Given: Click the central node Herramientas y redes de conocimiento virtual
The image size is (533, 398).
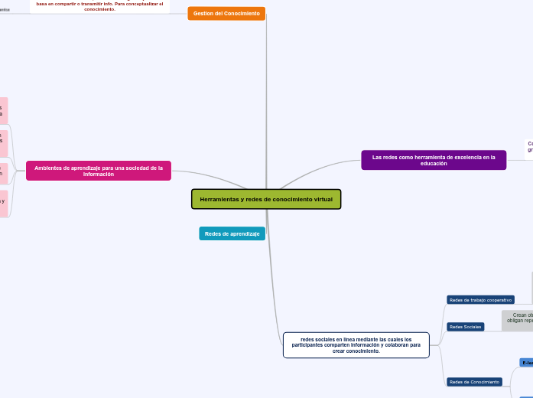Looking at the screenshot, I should click(266, 199).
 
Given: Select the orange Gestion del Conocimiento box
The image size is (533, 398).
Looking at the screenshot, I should click(226, 14).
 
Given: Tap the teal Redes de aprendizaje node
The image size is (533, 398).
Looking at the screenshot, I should click(232, 233).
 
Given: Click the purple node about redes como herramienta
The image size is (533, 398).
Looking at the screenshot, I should click(434, 160).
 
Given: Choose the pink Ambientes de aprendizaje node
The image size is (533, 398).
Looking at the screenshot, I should click(99, 171).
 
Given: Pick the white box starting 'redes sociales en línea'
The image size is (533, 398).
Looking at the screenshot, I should click(356, 344).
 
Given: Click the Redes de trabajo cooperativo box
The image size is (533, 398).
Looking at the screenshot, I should click(480, 300).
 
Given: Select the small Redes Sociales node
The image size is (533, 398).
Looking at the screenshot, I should click(465, 327).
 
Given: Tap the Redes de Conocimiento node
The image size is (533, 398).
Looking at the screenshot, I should click(474, 382).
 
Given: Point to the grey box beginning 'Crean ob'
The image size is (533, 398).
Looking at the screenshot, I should click(518, 320).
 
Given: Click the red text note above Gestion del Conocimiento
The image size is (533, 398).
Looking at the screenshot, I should click(99, 5).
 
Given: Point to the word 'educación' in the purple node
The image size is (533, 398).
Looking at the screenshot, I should click(434, 164).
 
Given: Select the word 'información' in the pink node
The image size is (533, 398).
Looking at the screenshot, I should click(99, 175).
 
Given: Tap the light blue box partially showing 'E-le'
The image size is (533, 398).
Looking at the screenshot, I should click(527, 362).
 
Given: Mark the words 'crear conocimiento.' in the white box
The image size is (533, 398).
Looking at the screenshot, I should click(356, 351).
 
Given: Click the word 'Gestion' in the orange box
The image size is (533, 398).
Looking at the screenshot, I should click(204, 14).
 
